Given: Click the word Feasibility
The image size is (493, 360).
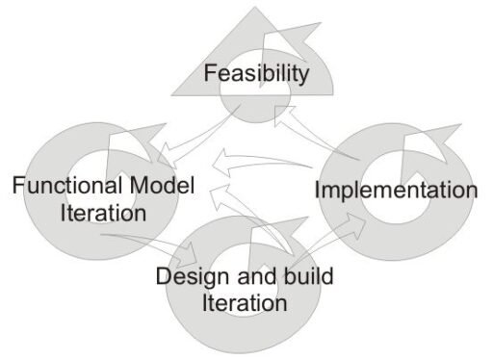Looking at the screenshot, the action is point(256,74).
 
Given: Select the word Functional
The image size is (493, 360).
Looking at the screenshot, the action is point(67,185).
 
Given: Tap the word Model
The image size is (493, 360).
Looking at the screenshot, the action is point(163,185).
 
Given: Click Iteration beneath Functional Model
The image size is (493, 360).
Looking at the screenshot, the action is point(103,213).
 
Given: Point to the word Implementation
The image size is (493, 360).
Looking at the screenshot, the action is point(396,191).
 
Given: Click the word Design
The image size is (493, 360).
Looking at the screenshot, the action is point(193,277).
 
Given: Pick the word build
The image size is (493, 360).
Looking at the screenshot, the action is point(309,275).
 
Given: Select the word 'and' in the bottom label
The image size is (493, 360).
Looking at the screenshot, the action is point(256,276).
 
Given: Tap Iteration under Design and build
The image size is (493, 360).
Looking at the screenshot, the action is point(245,303).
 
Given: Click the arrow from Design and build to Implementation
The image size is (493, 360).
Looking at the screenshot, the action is point(330,239).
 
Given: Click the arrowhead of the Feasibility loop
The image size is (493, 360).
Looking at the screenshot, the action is point(291,40).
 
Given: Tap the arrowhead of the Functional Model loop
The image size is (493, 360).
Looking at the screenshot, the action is point(137,141).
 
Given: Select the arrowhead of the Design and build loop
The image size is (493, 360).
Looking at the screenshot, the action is point(279,234).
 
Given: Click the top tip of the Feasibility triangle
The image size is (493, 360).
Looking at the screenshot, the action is point(255,7).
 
